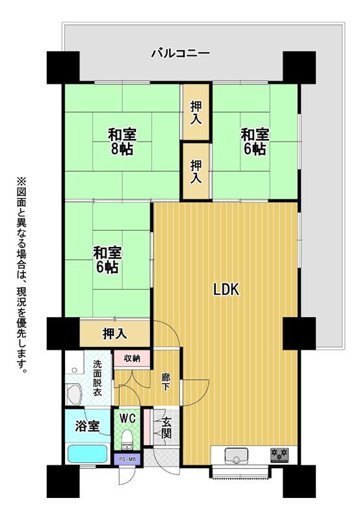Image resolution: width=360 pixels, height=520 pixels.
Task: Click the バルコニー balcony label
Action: [181, 53]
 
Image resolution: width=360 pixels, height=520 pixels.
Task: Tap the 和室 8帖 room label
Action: [122, 142]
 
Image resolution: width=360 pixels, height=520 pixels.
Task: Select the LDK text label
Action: [226, 289]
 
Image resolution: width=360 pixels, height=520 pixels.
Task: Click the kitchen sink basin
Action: [237, 456]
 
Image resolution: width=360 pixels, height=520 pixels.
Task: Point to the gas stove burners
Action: [279, 455]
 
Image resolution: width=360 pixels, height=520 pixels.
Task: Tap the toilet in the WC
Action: [127, 440]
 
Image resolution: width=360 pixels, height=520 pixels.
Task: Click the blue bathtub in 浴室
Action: [88, 453]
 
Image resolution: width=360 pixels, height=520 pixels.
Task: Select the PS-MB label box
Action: [127, 460]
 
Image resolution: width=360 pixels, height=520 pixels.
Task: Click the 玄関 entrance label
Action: [166, 428]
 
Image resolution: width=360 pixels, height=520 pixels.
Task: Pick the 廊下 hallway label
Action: [166, 382]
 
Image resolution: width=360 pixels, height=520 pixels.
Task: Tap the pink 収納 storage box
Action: [132, 359]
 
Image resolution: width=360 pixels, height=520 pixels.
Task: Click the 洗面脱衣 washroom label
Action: [97, 378]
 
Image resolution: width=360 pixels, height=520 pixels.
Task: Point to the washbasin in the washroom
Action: [75, 394]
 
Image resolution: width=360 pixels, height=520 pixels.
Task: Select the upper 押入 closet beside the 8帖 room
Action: [196, 112]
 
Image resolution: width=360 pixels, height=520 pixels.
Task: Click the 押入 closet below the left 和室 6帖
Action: [115, 333]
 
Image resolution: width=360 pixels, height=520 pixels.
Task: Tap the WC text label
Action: [127, 419]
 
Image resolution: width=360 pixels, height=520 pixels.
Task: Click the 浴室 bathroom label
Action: [88, 426]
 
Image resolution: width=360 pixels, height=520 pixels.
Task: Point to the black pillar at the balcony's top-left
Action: [63, 68]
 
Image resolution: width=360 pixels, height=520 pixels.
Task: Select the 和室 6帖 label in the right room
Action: [255, 142]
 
